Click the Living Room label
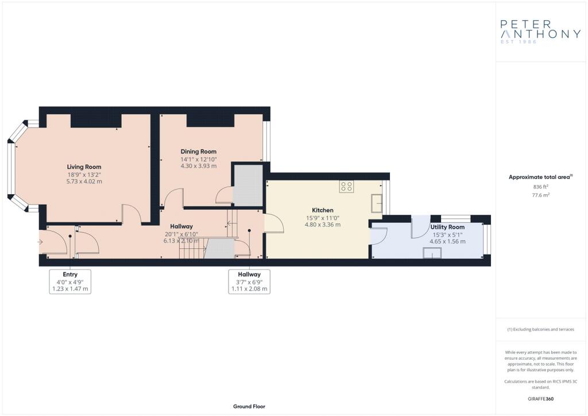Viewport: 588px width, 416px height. pos(84,167)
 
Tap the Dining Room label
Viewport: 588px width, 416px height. pos(198,152)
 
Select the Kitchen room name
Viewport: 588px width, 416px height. pos(323,210)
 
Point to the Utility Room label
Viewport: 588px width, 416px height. pos(447,227)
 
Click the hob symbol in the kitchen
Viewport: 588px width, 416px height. pos(346,186)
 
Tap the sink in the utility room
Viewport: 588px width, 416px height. pos(432,253)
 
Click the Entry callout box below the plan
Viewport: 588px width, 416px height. pos(70,282)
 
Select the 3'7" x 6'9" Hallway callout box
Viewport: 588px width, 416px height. pos(249,282)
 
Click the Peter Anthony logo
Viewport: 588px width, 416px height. pos(540,32)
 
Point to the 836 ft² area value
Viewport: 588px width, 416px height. pos(541,187)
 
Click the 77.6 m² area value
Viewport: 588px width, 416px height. pos(541,195)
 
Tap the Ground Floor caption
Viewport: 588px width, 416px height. pos(249,406)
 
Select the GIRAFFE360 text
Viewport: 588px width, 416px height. pos(541,399)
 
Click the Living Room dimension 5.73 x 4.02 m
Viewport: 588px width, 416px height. pos(84,182)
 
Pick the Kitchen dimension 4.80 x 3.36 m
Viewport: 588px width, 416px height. pos(323,225)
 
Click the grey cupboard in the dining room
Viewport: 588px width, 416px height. pos(248,186)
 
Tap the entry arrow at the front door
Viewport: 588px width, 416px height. pos(40,242)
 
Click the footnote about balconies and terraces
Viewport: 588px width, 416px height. pos(541,329)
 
